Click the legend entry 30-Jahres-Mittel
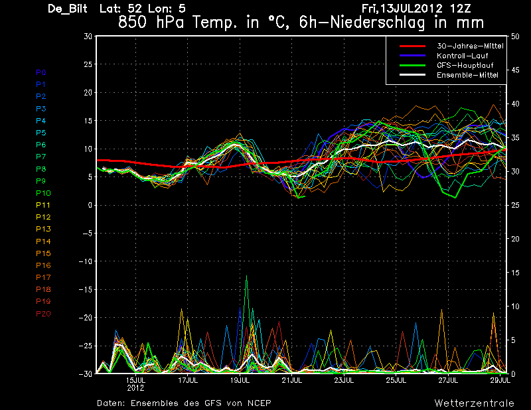pyautogui.click(x=470, y=46)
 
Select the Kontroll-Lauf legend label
pyautogui.click(x=462, y=56)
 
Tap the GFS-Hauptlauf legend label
pyautogui.click(x=465, y=65)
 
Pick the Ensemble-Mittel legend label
pyautogui.click(x=467, y=75)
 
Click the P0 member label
pyautogui.click(x=41, y=72)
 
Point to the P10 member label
pyautogui.click(x=43, y=193)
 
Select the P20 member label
pyautogui.click(x=43, y=314)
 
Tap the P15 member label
pyautogui.click(x=43, y=253)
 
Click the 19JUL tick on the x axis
pyautogui.click(x=240, y=380)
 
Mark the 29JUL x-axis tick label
pyautogui.click(x=500, y=380)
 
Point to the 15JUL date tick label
pyautogui.click(x=136, y=380)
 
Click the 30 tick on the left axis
pyautogui.click(x=88, y=36)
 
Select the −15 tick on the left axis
pyautogui.click(x=86, y=289)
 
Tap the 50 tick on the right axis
pyautogui.click(x=515, y=36)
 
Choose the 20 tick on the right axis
pyautogui.click(x=515, y=239)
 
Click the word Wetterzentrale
pyautogui.click(x=474, y=403)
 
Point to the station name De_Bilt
pyautogui.click(x=68, y=9)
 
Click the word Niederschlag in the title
pyautogui.click(x=377, y=23)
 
